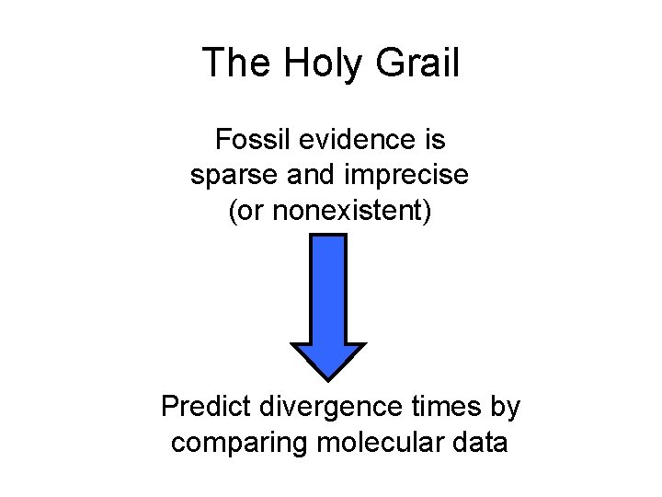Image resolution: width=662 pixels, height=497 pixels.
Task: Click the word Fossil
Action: tap(248, 140)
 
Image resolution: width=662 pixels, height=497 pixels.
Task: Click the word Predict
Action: tap(207, 406)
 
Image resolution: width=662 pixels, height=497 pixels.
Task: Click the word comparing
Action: tap(240, 443)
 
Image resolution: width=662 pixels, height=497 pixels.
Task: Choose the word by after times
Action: tap(506, 407)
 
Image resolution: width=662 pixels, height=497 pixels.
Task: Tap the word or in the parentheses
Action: tap(249, 212)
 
